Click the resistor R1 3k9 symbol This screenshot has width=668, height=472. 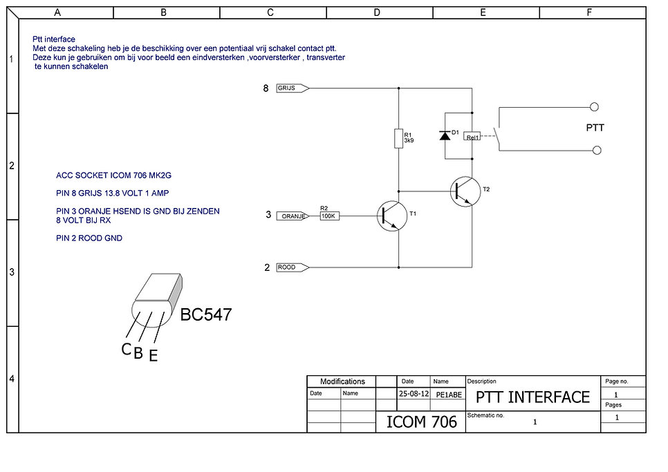[x=398, y=138]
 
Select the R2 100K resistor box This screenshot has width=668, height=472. [x=328, y=216]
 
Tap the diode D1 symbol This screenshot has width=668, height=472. [x=444, y=135]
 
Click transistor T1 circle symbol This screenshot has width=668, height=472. [x=391, y=216]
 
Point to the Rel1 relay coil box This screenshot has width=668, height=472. [x=472, y=136]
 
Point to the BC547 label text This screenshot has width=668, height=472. [x=206, y=315]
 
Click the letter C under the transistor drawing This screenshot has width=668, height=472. [x=126, y=350]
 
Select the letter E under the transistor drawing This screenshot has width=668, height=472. [x=153, y=356]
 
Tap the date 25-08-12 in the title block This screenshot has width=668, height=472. [x=414, y=394]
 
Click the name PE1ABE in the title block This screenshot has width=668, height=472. [x=448, y=395]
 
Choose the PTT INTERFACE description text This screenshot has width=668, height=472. [x=532, y=397]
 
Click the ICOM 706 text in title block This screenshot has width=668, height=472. [x=421, y=421]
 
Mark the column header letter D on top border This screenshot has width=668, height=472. [x=377, y=12]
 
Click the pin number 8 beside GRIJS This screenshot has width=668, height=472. [x=266, y=88]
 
